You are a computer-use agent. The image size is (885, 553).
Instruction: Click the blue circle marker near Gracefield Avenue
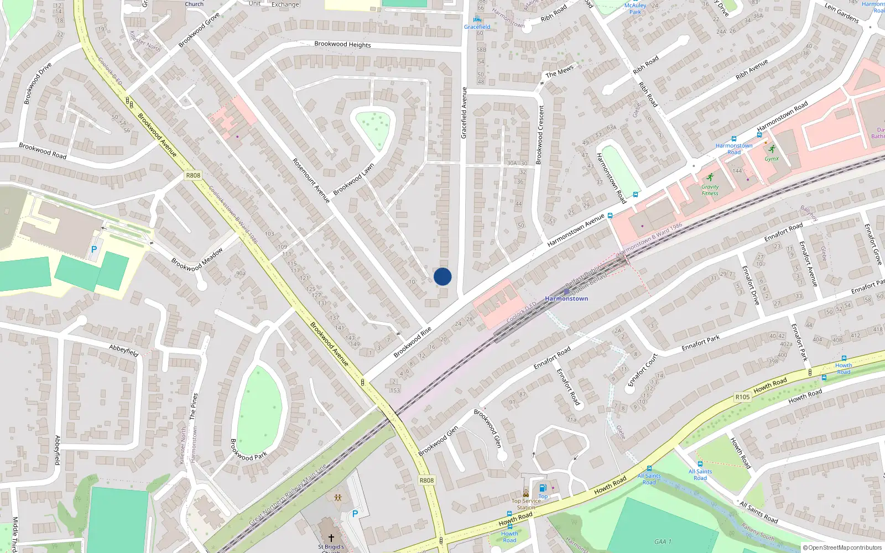click(x=442, y=276)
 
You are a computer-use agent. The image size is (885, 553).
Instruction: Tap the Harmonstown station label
click(x=566, y=299)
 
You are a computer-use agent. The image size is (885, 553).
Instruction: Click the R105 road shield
click(x=742, y=397)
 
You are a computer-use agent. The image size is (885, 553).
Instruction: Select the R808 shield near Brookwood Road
click(x=193, y=175)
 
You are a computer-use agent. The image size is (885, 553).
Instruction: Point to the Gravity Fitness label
click(x=710, y=190)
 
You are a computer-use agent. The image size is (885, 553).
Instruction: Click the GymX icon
click(x=772, y=149)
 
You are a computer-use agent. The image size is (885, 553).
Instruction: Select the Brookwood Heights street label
click(x=342, y=44)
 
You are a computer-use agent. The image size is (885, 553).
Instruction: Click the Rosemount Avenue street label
click(x=311, y=180)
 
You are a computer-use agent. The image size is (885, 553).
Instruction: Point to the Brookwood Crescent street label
click(x=540, y=134)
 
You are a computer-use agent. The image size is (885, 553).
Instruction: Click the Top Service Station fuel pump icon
click(x=543, y=488)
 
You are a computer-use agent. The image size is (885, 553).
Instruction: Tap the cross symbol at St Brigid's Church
click(x=331, y=538)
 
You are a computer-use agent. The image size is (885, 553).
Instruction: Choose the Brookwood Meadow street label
click(x=197, y=259)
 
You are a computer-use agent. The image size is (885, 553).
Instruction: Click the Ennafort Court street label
click(x=643, y=370)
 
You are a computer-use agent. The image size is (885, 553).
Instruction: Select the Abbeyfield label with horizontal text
click(x=123, y=349)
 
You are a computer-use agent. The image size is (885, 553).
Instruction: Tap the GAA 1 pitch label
click(x=663, y=541)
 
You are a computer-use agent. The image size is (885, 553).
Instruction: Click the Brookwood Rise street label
click(x=412, y=342)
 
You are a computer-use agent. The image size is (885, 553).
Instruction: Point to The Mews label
click(x=559, y=72)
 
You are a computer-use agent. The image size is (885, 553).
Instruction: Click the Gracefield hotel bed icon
click(x=477, y=19)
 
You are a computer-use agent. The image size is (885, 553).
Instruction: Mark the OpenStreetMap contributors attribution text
click(x=842, y=547)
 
